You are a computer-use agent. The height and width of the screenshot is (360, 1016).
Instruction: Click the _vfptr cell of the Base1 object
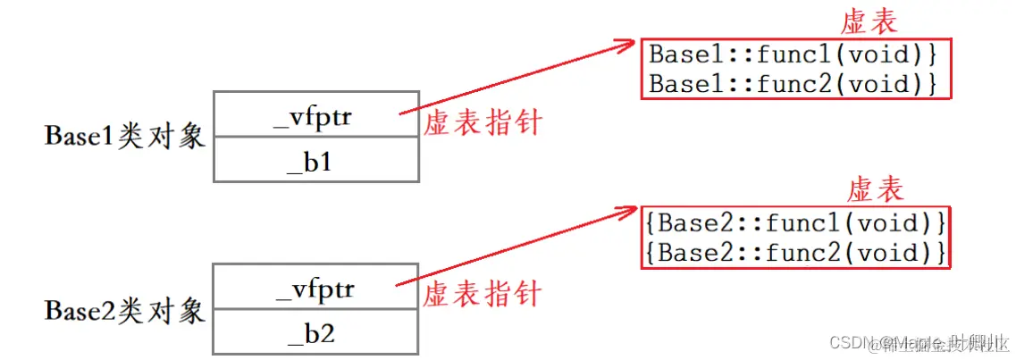(315, 114)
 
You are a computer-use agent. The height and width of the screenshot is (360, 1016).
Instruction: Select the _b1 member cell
(315, 161)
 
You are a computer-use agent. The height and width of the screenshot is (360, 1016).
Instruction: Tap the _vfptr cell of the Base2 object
(315, 288)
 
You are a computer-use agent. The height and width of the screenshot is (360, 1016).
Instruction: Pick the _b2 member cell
(315, 333)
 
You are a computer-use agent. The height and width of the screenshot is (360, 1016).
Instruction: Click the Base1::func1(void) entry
(792, 54)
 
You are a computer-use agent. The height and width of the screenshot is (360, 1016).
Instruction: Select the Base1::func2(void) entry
(792, 84)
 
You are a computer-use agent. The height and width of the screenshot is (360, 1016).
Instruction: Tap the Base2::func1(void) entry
(794, 221)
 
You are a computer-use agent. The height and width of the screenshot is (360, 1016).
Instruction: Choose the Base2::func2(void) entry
(794, 252)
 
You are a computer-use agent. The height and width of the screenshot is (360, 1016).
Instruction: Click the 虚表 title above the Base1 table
(869, 22)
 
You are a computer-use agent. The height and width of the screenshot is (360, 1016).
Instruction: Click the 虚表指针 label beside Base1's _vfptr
(483, 122)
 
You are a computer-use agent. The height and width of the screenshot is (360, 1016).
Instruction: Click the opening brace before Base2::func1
(650, 221)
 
